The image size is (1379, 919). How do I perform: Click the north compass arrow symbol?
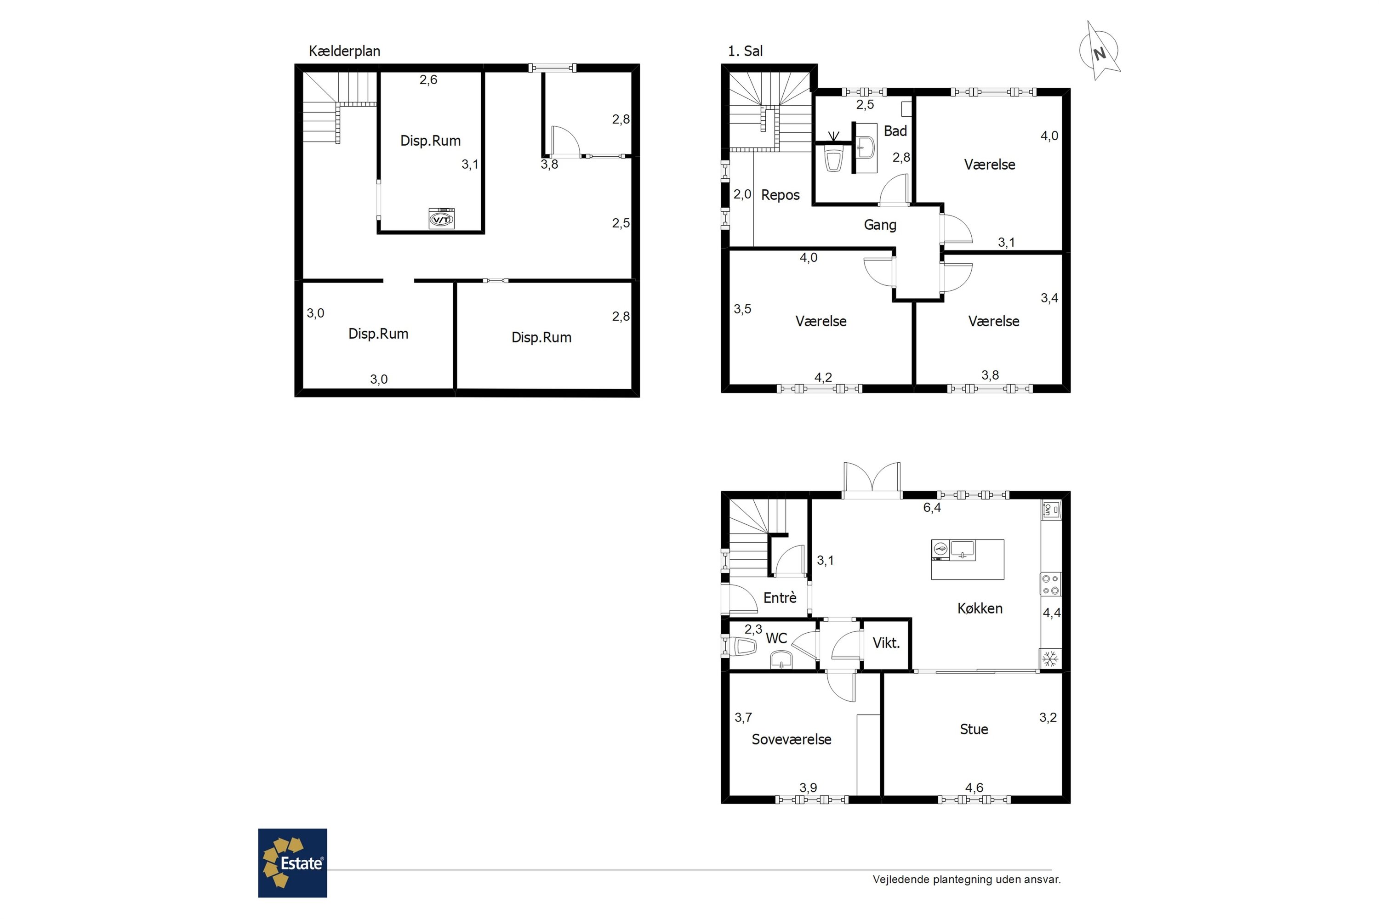tap(1100, 51)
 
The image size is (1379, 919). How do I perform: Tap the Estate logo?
tap(292, 863)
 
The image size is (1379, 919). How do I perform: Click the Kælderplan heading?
tap(345, 51)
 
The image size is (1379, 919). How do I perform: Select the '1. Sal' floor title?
tap(745, 51)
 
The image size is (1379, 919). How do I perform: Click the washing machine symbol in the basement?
tap(441, 218)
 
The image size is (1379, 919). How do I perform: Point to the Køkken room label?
tap(980, 608)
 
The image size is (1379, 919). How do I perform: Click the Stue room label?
tap(974, 729)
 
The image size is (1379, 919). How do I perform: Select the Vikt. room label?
tap(886, 643)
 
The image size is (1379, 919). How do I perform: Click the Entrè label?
tap(780, 598)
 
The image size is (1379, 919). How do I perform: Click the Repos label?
tap(781, 195)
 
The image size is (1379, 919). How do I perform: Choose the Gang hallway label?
tap(880, 225)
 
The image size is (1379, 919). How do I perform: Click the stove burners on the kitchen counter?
tap(1050, 584)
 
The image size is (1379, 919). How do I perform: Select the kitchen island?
tap(968, 559)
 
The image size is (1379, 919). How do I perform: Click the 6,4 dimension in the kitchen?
tap(932, 508)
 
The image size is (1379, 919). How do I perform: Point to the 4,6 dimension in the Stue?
tap(974, 788)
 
